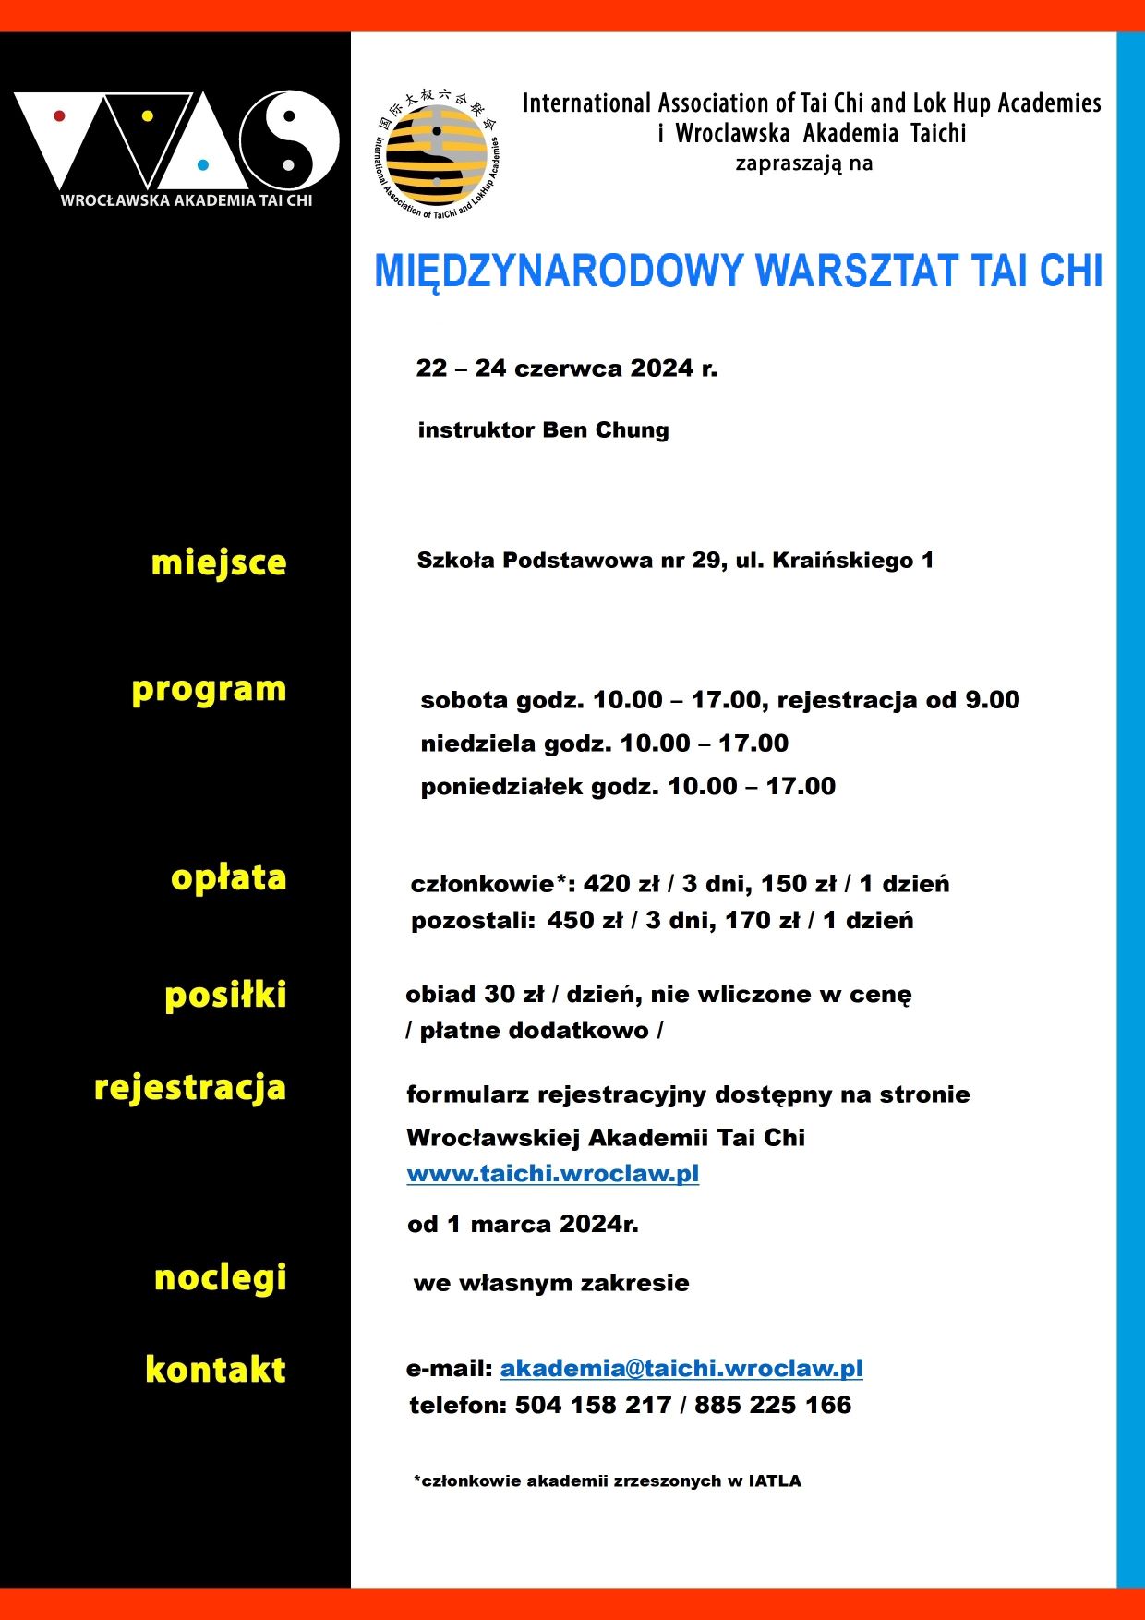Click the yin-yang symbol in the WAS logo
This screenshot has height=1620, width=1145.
click(289, 140)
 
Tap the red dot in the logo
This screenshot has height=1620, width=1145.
click(59, 116)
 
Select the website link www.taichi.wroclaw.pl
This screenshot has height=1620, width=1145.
click(552, 1174)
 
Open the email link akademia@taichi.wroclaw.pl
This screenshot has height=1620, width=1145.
click(681, 1368)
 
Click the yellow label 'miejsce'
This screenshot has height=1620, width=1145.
click(219, 562)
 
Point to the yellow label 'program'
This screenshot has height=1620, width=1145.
click(209, 690)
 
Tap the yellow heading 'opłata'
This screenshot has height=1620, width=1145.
click(228, 877)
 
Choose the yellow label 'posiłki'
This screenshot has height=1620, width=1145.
click(225, 995)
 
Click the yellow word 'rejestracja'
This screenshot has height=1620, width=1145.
click(190, 1088)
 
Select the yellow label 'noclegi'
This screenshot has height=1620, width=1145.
click(220, 1278)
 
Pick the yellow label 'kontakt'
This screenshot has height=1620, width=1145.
click(215, 1369)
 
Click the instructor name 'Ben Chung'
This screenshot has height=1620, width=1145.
click(606, 430)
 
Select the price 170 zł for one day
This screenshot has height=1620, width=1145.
click(763, 921)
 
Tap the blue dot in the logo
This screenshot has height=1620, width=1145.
click(203, 165)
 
